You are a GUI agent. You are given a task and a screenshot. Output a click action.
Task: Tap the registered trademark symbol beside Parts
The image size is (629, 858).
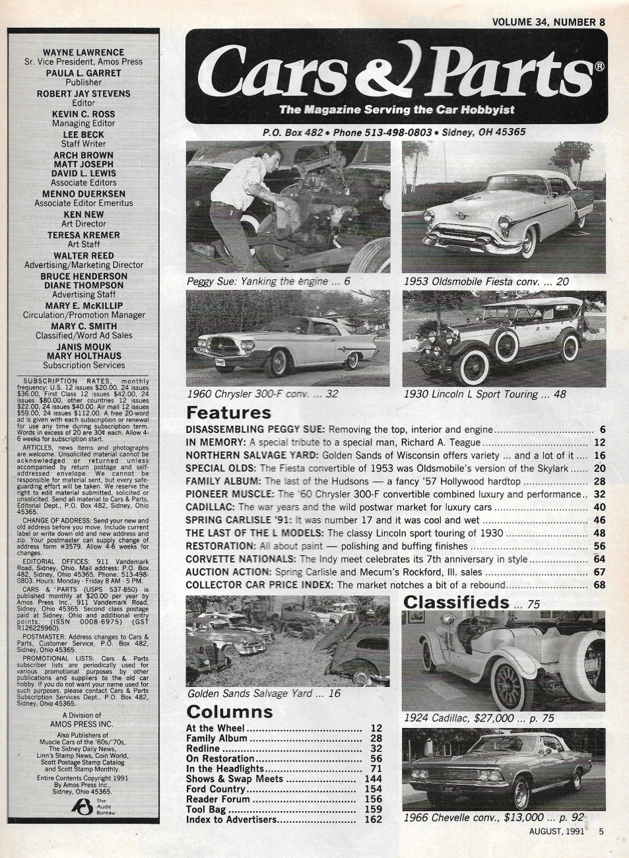click(599, 66)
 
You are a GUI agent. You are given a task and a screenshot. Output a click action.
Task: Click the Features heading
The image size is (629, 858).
click(229, 414)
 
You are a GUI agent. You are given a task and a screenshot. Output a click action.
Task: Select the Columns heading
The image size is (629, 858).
click(229, 712)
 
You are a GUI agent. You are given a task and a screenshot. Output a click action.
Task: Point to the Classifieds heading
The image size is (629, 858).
click(456, 602)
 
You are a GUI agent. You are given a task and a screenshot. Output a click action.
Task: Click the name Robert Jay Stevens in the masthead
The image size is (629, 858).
click(83, 94)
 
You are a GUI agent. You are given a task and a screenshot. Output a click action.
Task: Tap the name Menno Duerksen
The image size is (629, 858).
click(83, 195)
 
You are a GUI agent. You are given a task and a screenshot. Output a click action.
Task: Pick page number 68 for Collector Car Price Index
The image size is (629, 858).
click(599, 585)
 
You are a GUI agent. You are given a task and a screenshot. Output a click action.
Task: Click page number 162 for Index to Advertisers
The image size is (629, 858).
click(373, 820)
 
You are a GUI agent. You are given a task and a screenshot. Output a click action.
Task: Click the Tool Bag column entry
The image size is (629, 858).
click(207, 810)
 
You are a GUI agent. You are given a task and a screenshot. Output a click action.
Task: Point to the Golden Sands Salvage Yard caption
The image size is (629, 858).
click(264, 694)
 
